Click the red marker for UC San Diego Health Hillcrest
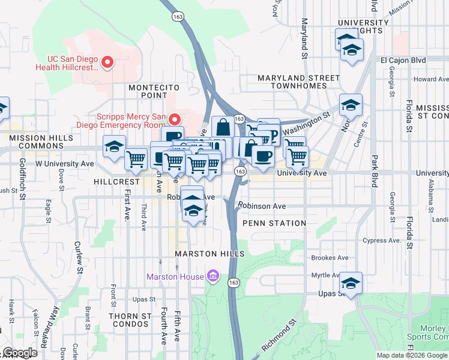click(x=107, y=62)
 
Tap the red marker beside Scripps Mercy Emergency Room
click(x=175, y=118)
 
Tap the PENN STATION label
click(x=274, y=223)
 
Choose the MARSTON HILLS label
click(x=209, y=254)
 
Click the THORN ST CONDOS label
click(x=130, y=319)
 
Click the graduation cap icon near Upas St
click(x=351, y=283)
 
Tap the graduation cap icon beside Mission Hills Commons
click(x=114, y=147)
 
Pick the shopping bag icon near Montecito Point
click(x=223, y=127)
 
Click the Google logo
click(x=19, y=353)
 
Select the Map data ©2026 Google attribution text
click(x=411, y=355)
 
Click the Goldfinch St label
click(x=22, y=179)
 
